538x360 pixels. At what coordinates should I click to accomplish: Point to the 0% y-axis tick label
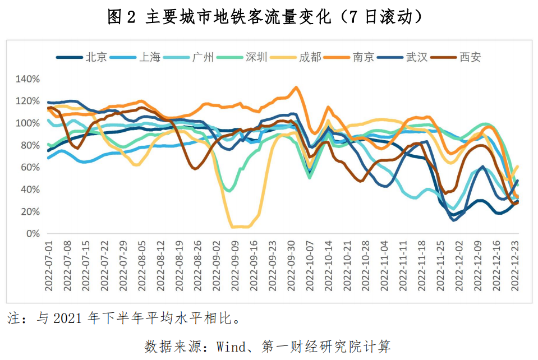32,234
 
